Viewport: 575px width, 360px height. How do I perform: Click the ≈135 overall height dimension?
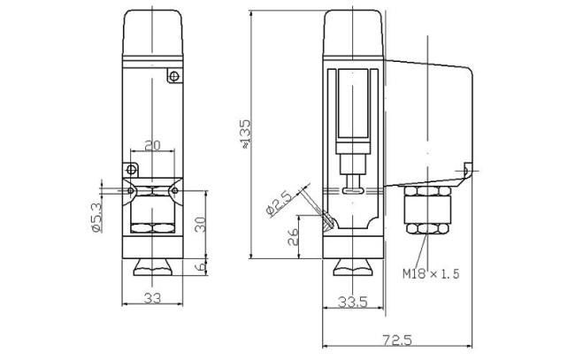[246, 134]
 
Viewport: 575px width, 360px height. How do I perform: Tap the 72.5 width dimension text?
[397, 340]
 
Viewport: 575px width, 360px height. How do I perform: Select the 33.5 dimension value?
[352, 302]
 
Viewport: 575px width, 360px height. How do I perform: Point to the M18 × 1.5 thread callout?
[431, 273]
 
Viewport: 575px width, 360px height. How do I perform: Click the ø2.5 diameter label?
[279, 203]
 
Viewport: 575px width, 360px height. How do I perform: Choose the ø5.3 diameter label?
[96, 218]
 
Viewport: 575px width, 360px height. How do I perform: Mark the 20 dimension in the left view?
[152, 146]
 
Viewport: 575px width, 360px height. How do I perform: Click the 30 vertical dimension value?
[200, 224]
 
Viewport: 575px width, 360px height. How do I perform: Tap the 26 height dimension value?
[293, 236]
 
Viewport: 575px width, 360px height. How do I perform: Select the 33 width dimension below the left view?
[152, 298]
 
